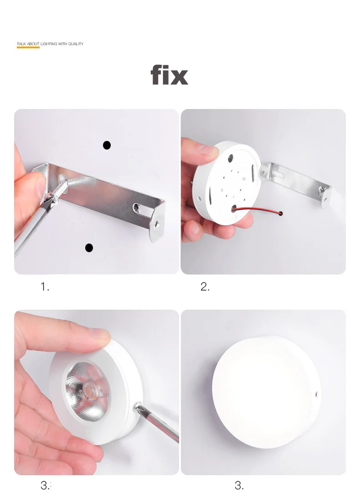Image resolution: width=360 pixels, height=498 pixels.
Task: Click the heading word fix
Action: tap(170, 75)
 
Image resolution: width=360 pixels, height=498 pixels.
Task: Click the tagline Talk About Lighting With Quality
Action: tap(50, 44)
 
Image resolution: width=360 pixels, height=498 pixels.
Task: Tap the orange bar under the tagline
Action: tap(28, 47)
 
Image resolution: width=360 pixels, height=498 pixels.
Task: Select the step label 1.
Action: tap(45, 287)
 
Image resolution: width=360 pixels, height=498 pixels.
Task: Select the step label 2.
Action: tap(205, 287)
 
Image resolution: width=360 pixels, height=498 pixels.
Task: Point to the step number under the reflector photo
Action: tap(46, 485)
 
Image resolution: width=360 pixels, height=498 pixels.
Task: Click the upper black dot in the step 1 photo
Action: tap(107, 145)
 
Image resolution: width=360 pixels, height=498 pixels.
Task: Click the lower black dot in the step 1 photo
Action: tap(89, 248)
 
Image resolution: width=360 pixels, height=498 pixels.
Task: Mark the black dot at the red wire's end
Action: tap(281, 213)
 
